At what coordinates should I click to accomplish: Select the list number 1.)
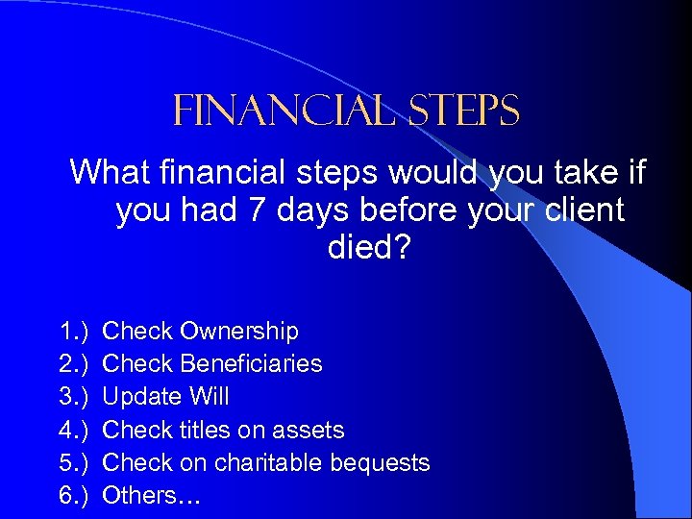(75, 332)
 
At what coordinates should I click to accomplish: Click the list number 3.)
(75, 397)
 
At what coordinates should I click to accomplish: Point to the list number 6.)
(75, 495)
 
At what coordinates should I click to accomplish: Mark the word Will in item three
(210, 397)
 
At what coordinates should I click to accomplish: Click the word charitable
(268, 462)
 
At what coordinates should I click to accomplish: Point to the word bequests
(380, 462)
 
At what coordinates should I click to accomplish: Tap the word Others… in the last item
(151, 495)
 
